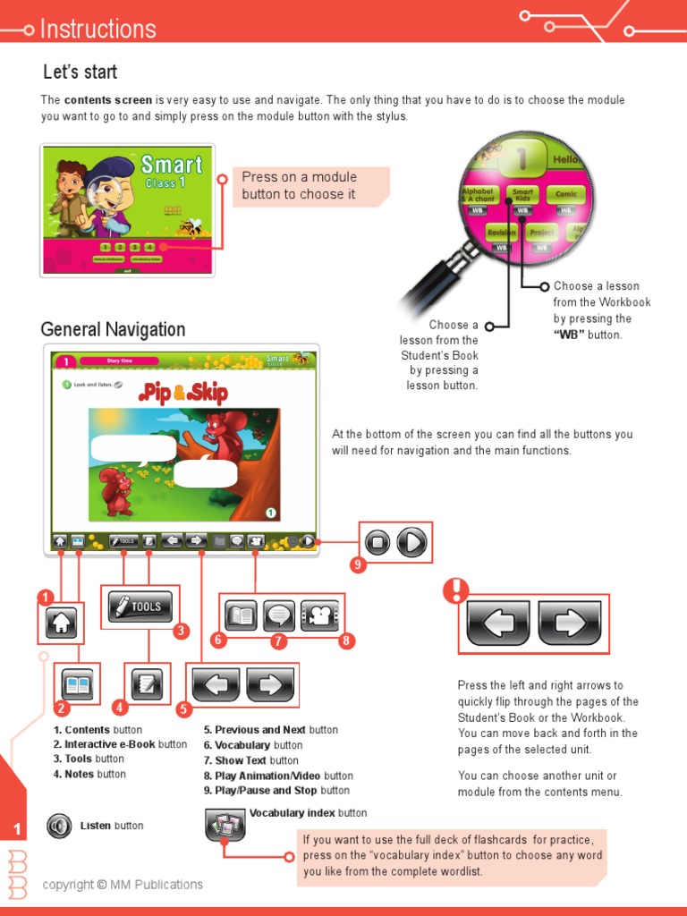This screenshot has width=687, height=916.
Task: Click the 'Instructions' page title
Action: (x=98, y=29)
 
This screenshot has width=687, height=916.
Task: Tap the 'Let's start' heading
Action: (x=81, y=72)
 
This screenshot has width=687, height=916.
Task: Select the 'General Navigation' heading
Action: (x=113, y=329)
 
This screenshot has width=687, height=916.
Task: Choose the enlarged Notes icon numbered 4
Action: (x=147, y=685)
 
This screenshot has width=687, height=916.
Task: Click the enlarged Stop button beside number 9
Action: (x=378, y=542)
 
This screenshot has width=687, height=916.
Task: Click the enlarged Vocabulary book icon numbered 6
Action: (x=242, y=615)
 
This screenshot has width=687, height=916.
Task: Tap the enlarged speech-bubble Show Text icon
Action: (x=279, y=615)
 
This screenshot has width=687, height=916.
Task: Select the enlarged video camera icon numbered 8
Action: (x=319, y=615)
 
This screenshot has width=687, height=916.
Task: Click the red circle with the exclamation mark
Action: (x=455, y=589)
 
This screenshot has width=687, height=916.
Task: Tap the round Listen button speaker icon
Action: (x=59, y=825)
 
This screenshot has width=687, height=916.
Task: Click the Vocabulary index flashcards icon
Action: (x=225, y=826)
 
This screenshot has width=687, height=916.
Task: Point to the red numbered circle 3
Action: (x=182, y=632)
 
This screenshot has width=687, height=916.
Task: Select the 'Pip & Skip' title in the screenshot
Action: (x=183, y=393)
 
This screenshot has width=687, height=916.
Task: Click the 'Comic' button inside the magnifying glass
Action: (x=566, y=194)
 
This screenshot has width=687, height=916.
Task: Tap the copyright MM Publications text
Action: (x=123, y=885)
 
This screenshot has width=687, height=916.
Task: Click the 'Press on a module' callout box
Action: (x=310, y=185)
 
